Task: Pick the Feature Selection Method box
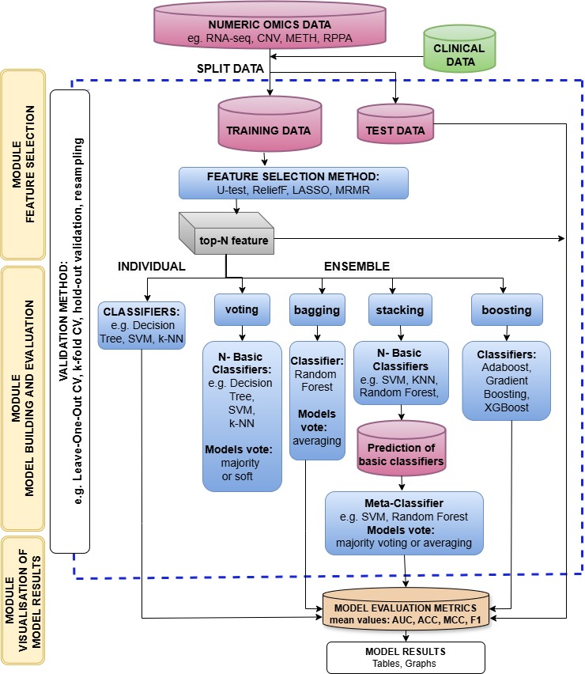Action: [x=293, y=183]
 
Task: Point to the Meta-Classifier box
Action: [x=404, y=522]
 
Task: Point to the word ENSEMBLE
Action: [x=357, y=267]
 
